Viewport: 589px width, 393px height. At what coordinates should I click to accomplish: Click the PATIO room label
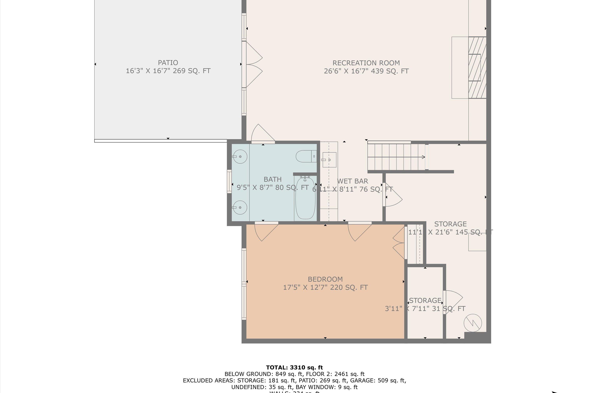coord(168,63)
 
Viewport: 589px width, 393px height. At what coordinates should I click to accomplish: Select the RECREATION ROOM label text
coord(366,63)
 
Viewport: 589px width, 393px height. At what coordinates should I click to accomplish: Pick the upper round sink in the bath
coord(240,157)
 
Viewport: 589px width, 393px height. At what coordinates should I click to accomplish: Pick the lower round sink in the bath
coord(240,208)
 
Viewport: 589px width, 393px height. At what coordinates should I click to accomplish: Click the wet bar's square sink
coord(329,160)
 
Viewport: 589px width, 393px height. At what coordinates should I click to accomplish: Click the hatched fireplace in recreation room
coord(477,68)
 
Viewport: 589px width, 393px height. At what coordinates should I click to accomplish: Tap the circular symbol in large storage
coord(473,323)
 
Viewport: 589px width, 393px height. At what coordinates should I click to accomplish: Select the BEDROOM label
coord(325,279)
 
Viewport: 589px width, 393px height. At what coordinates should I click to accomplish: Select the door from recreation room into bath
coord(262,134)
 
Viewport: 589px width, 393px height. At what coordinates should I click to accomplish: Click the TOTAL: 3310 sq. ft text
coord(294,367)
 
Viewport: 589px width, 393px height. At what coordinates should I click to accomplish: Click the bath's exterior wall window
coord(229,181)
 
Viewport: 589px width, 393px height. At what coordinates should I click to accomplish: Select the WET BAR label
coord(352,181)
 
